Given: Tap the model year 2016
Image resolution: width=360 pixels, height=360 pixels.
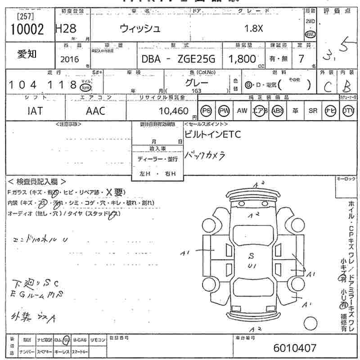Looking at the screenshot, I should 69,59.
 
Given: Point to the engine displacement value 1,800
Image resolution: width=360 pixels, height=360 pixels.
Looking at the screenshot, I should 243,58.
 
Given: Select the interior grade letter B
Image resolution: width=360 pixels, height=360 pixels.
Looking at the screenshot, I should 346,86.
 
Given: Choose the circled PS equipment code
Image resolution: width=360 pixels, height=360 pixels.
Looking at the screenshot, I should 207,111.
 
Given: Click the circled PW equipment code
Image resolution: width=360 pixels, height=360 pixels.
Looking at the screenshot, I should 224,111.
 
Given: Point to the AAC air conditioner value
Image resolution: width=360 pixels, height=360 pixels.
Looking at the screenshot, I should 95,111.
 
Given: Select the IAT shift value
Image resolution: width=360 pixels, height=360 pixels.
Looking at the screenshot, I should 35,111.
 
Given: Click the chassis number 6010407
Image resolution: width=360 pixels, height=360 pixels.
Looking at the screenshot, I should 295,348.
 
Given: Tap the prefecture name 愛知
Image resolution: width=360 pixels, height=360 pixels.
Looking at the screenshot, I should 27,54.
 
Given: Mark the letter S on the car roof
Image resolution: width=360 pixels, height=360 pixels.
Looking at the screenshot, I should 251,256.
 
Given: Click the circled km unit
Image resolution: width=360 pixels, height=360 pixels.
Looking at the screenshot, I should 85,87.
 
